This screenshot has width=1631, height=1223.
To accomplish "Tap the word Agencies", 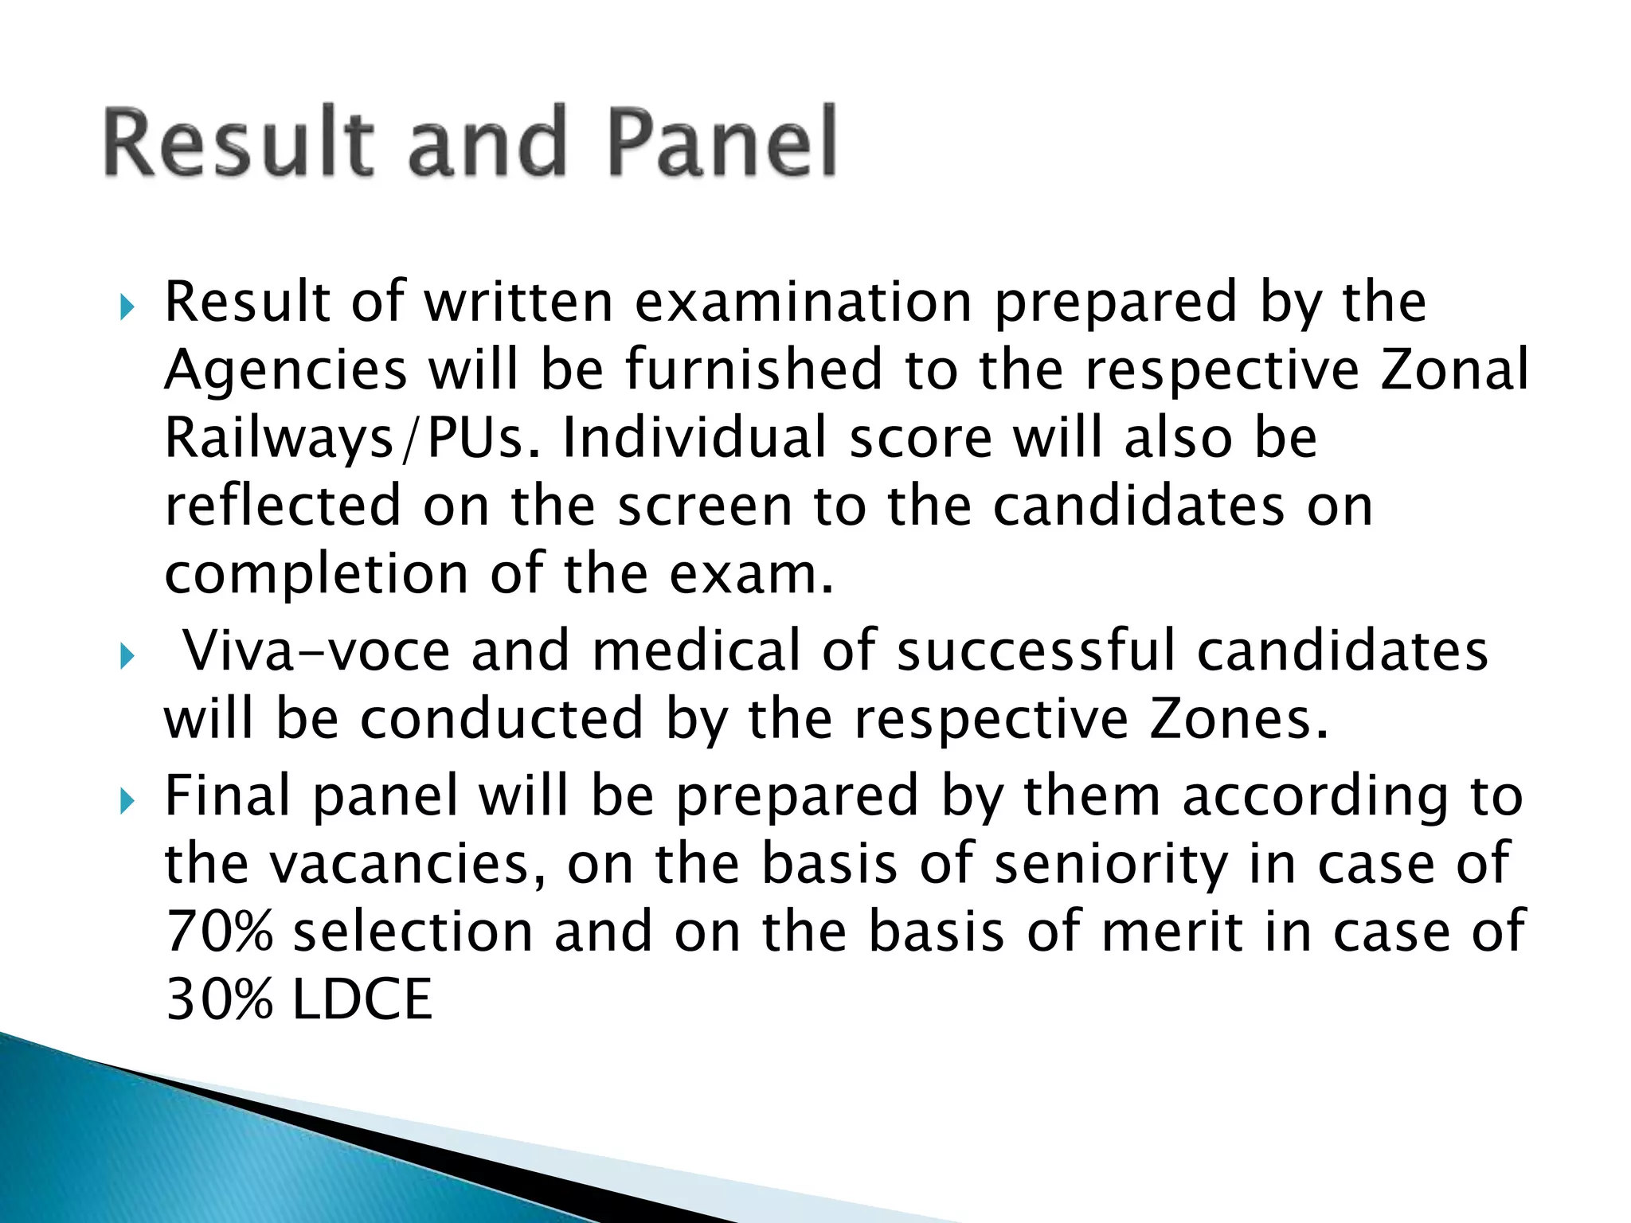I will tap(286, 371).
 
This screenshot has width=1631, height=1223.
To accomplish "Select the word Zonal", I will tap(1454, 369).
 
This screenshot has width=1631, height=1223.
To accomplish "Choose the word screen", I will tap(705, 506).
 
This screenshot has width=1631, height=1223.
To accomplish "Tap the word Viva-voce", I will tap(317, 651).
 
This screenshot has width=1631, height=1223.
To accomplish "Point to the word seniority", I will tap(1111, 865).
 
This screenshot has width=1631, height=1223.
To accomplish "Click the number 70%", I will tap(219, 932).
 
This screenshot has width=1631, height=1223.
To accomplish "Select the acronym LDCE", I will tap(362, 1000).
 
